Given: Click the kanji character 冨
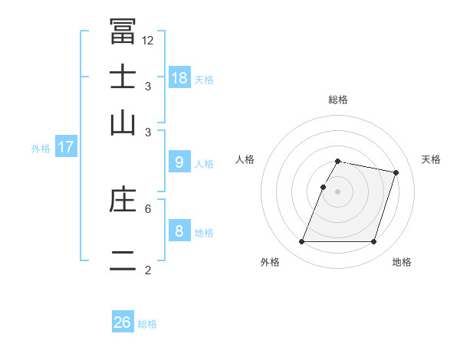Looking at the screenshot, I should click(123, 32).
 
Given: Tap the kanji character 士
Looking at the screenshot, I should click(123, 78).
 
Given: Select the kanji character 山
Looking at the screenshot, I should click(123, 123).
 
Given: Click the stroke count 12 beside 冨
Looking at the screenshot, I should click(148, 41).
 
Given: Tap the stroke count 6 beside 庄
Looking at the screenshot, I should click(148, 208).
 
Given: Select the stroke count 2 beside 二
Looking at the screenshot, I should click(148, 270).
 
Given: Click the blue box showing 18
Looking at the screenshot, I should click(179, 77).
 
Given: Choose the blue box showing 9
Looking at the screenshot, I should click(179, 162).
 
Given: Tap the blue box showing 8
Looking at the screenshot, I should click(179, 231).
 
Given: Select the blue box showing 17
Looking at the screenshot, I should click(65, 147).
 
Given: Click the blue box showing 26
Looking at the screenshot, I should click(122, 322).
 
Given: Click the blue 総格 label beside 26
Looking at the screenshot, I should click(147, 324).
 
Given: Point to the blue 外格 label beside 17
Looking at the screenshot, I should click(41, 149).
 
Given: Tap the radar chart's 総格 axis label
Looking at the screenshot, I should click(338, 100).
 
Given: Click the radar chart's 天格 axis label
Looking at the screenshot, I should click(431, 159).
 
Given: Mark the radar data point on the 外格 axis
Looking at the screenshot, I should click(302, 242).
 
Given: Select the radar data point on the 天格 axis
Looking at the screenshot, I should click(396, 173).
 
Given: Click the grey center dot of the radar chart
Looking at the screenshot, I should click(338, 191).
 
